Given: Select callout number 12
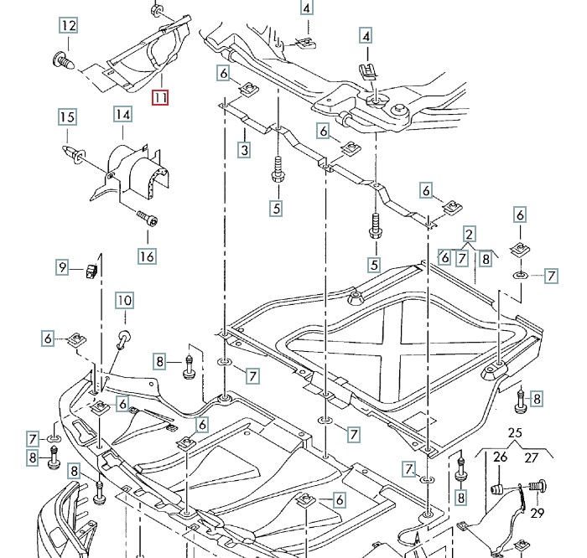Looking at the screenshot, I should tap(68, 26).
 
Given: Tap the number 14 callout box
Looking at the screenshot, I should tap(122, 114).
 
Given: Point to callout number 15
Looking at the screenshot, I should tap(67, 117).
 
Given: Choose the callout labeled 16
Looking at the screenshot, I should tap(147, 256).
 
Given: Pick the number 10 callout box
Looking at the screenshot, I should tap(124, 301).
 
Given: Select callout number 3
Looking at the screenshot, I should tap(244, 151).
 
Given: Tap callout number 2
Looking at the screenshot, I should tap(470, 235).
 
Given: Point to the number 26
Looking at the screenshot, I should tap(500, 457).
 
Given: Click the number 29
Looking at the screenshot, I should tap(538, 512).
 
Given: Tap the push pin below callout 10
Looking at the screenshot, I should tap(123, 338).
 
